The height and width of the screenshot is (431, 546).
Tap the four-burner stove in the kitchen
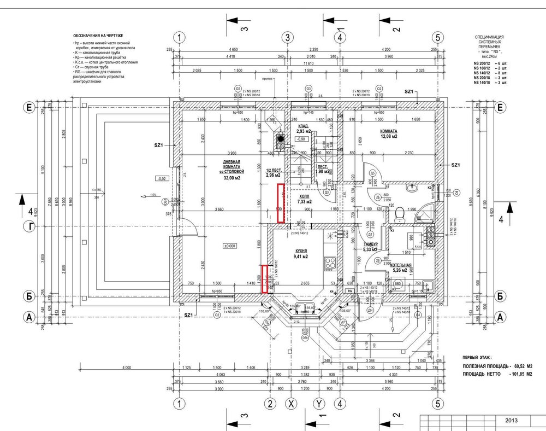(x=330, y=263)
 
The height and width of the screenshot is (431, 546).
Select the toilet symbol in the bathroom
(x=400, y=212)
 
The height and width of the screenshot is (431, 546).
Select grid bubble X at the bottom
(x=293, y=404)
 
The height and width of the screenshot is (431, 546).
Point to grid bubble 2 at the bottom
(x=269, y=404)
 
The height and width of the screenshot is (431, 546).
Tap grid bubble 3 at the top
(x=287, y=38)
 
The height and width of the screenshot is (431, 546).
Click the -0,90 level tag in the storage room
(x=300, y=139)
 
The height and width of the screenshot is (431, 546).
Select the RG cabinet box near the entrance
(x=349, y=291)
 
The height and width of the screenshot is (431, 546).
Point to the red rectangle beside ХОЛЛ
(x=281, y=203)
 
